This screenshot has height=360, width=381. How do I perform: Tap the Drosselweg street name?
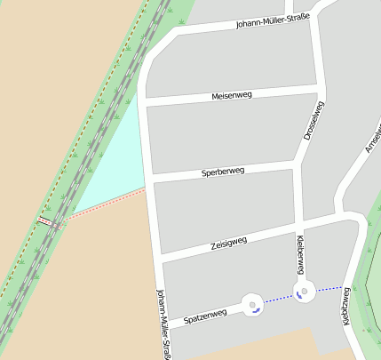pos(314,120)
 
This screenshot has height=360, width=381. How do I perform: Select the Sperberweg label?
pos(223,171)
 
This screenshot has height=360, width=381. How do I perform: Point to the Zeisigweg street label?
pos(229,241)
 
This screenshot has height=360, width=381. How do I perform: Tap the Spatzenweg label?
pos(205,314)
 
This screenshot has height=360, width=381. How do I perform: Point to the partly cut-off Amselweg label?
pos(371,138)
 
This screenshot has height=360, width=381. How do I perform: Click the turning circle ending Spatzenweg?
pos(252,305)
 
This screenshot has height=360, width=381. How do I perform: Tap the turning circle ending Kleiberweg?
pos(304,291)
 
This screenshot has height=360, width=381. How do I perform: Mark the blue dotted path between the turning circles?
pos(278,298)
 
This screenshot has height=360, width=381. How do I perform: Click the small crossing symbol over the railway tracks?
pos(50,222)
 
